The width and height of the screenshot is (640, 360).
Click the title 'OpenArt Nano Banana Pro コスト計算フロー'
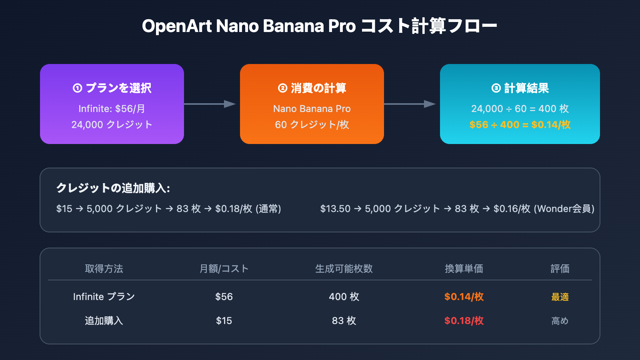coord(319,26)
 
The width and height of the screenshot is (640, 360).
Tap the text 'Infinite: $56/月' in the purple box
coord(112,109)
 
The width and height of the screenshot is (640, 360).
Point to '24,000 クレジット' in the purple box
coord(112,125)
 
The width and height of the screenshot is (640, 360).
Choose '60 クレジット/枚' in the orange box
coord(312,125)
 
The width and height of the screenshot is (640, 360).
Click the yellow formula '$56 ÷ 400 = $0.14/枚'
coord(520,125)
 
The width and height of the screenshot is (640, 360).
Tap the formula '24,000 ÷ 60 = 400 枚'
coord(520,109)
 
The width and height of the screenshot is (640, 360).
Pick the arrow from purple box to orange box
coord(210,104)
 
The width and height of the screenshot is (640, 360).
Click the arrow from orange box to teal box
coord(410,104)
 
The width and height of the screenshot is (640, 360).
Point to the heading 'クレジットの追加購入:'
coord(113,188)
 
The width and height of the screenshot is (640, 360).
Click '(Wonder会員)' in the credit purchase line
coord(564,209)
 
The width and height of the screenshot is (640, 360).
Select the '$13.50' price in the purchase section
coord(335,209)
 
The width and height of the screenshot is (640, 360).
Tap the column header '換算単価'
coord(464,269)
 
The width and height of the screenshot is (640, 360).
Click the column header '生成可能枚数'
coord(344,269)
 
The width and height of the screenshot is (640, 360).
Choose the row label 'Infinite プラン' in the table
coord(104,297)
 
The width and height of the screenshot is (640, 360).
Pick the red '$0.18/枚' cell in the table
coord(464,321)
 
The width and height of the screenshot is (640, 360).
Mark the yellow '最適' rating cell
coord(560,297)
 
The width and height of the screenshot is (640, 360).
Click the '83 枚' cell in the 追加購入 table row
coord(344,321)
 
